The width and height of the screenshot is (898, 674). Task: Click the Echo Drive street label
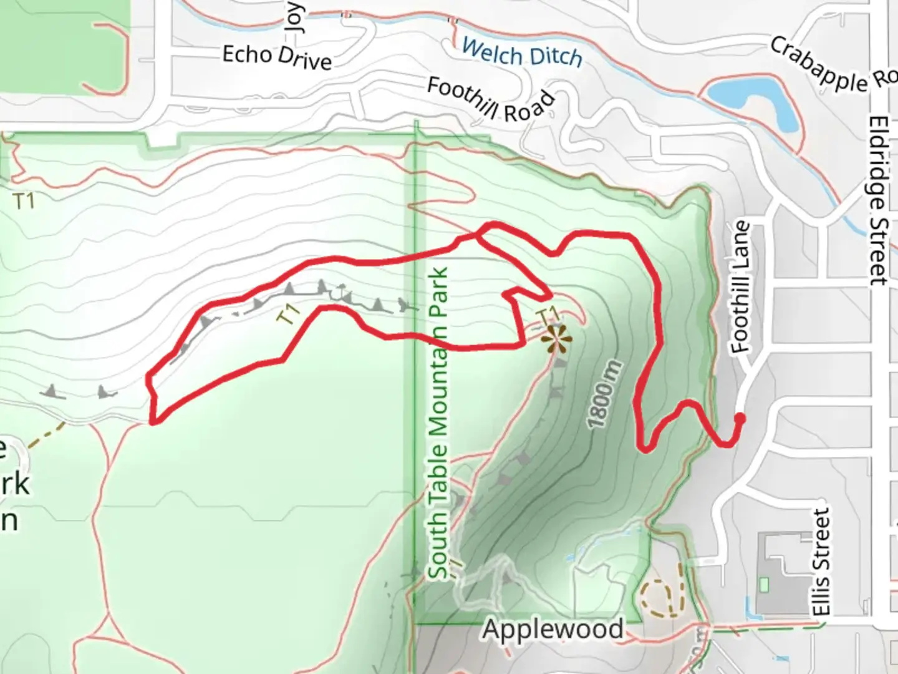point(277,57)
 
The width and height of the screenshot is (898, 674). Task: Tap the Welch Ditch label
point(523,53)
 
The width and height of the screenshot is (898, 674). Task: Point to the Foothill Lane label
point(740,287)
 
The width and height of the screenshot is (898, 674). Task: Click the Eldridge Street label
point(878,200)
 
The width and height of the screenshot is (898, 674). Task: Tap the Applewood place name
point(553,629)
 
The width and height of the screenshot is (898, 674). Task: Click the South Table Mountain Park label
point(438,424)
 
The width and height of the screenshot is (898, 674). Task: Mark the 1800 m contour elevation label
point(605,394)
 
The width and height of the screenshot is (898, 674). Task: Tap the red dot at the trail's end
point(740,418)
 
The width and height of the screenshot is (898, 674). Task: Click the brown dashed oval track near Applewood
point(660,598)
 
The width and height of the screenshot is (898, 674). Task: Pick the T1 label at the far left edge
point(24,201)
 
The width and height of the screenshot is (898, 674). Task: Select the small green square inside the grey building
point(765,585)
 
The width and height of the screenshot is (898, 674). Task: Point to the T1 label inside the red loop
point(289,313)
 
